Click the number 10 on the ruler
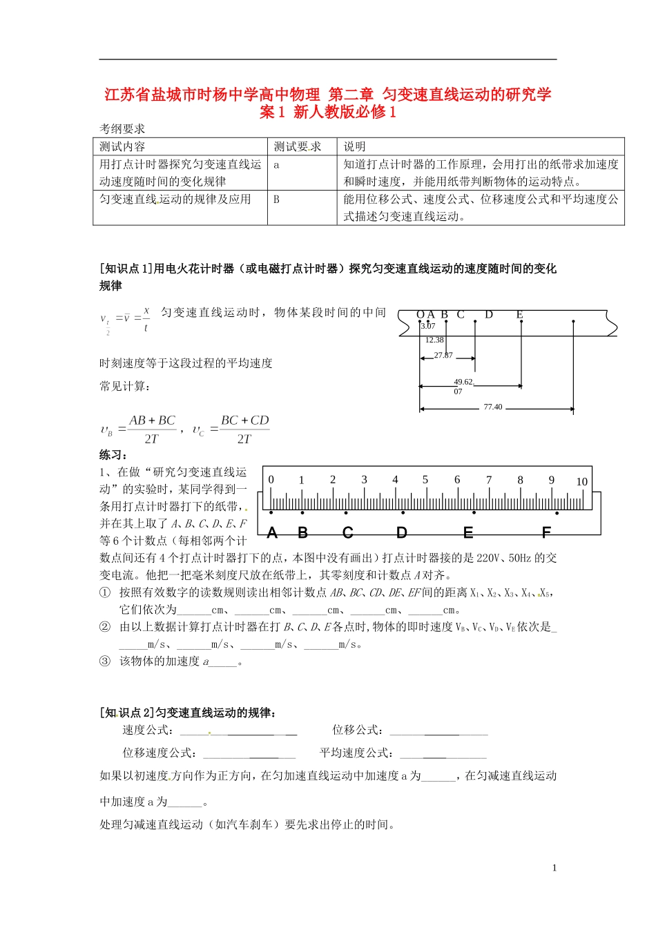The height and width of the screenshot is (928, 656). (581, 482)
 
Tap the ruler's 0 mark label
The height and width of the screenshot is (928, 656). (271, 480)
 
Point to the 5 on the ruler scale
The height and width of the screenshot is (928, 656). (425, 480)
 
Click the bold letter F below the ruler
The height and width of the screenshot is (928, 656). (546, 533)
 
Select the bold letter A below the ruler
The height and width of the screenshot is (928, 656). (272, 533)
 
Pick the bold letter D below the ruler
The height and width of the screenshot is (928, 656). (402, 533)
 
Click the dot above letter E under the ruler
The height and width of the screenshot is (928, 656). (474, 513)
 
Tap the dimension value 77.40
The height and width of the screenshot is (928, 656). (493, 407)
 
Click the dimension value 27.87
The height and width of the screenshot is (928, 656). (443, 356)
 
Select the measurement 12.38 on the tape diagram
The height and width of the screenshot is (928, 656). (434, 340)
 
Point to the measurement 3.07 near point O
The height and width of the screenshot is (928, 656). (428, 326)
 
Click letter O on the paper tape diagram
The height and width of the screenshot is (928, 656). (421, 315)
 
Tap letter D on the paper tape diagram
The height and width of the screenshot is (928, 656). (489, 315)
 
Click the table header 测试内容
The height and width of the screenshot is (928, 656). (122, 146)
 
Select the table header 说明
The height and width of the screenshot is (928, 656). (355, 146)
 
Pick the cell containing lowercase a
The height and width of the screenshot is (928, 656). (277, 164)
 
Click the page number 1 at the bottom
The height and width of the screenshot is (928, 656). (554, 868)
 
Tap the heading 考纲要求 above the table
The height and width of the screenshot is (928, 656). (122, 128)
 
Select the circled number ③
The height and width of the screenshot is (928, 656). (105, 661)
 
